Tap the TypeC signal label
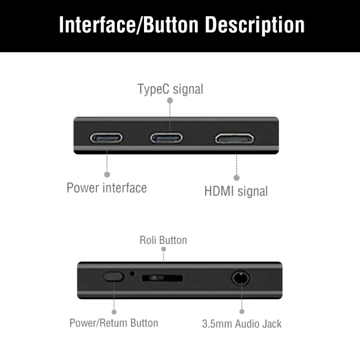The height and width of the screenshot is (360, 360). pyautogui.click(x=170, y=89)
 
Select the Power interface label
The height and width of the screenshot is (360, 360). pyautogui.click(x=106, y=188)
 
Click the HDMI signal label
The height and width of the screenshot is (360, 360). pyautogui.click(x=236, y=190)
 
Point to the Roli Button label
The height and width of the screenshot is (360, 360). pyautogui.click(x=163, y=240)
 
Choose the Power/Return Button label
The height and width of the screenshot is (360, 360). pyautogui.click(x=113, y=322)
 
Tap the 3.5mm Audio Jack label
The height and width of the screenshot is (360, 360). pyautogui.click(x=241, y=323)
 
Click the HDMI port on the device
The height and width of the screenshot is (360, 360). pyautogui.click(x=234, y=138)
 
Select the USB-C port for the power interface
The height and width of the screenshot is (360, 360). pyautogui.click(x=106, y=137)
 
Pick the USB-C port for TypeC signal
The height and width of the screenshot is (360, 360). pyautogui.click(x=166, y=137)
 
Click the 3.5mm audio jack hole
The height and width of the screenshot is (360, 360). pyautogui.click(x=241, y=277)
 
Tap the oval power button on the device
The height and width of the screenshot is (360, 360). pyautogui.click(x=113, y=276)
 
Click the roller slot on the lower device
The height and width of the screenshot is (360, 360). pyautogui.click(x=162, y=277)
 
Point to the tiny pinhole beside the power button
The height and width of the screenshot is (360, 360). pyautogui.click(x=132, y=273)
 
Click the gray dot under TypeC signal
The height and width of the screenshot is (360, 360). pyautogui.click(x=170, y=100)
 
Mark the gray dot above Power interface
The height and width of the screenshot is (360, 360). pyautogui.click(x=107, y=174)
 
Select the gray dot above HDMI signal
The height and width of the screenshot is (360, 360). pyautogui.click(x=236, y=177)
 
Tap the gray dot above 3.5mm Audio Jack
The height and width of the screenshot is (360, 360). pyautogui.click(x=241, y=311)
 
